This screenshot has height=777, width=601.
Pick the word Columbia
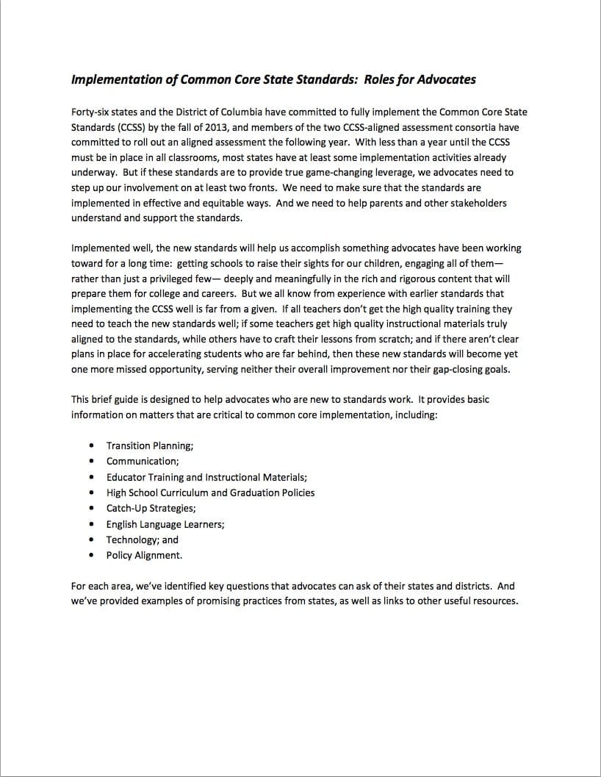pos(272,112)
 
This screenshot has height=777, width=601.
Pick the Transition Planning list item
pos(150,445)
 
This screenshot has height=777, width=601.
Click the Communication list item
pos(142,461)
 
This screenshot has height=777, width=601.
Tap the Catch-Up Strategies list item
pos(151,508)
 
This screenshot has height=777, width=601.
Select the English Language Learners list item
pos(165,524)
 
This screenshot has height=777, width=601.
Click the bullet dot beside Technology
pos(91,540)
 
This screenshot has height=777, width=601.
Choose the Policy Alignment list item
pos(144,556)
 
